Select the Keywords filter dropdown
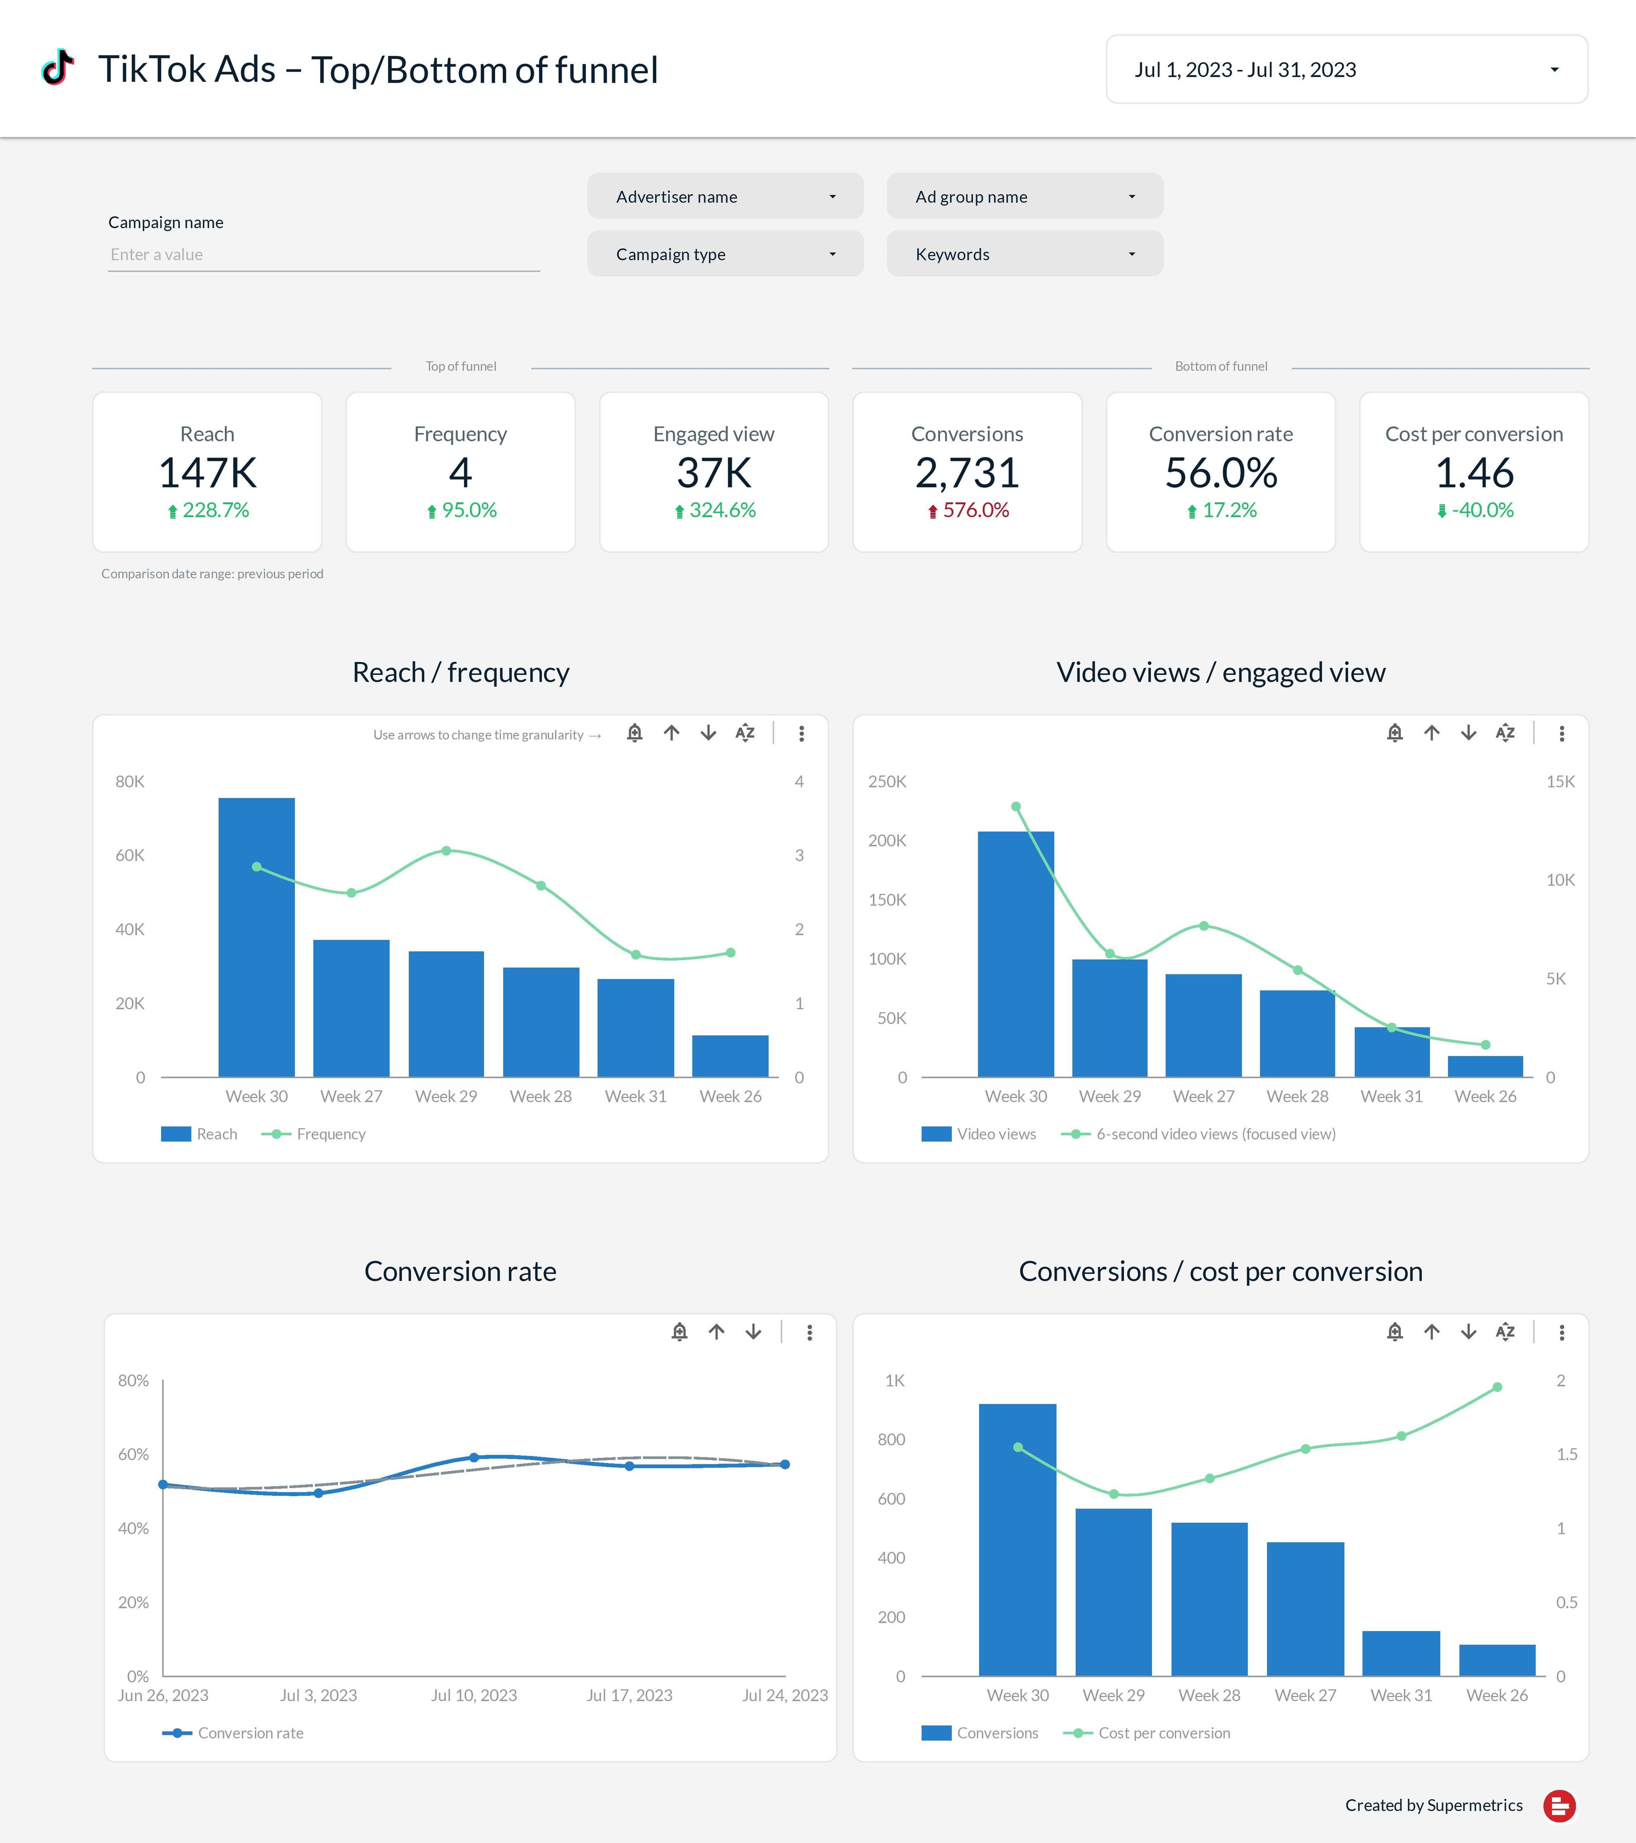[x=1025, y=254]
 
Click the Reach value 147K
[x=207, y=472]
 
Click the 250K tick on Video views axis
[x=887, y=782]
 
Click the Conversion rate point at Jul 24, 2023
[x=785, y=1464]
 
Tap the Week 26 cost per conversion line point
[x=1497, y=1388]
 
